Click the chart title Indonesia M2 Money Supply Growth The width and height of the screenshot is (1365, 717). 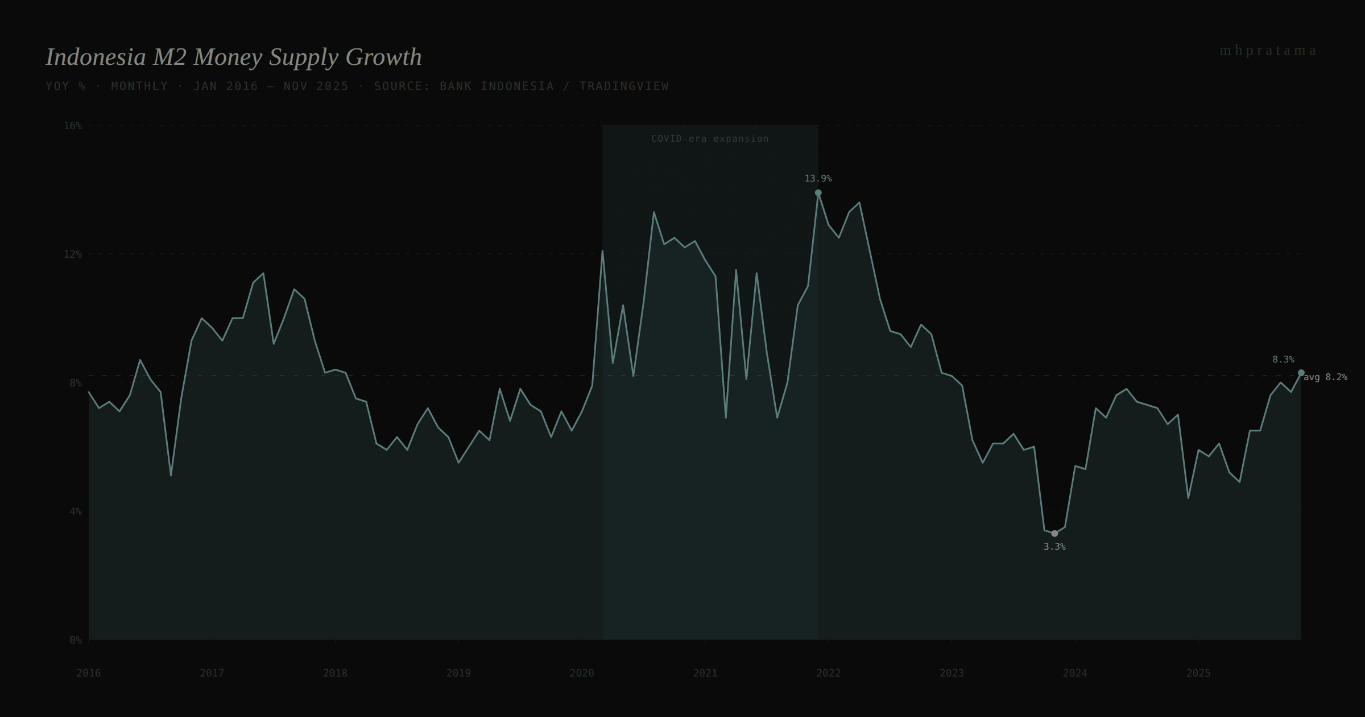point(233,57)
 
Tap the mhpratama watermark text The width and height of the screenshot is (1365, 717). point(1268,51)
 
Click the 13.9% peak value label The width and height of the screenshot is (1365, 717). point(818,179)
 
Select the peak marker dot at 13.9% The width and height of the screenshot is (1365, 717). point(818,193)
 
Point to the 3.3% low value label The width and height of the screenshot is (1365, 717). point(1054,547)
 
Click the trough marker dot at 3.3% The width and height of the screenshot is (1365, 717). point(1054,534)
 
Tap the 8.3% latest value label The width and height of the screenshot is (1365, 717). point(1283,360)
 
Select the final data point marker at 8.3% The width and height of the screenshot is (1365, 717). point(1301,373)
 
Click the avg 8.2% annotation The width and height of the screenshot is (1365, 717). point(1325,377)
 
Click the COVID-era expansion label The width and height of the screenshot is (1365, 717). point(709,139)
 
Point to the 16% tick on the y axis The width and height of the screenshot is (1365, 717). point(72,126)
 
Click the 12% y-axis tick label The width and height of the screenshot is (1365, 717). point(72,254)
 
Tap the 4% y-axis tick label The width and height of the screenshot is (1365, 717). point(75,512)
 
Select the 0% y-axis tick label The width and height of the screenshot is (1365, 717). point(75,640)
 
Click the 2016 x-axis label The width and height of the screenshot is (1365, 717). point(89,673)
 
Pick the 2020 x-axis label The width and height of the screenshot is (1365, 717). point(581,673)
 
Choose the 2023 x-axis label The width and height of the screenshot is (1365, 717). point(952,673)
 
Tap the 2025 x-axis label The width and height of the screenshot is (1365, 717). point(1198,673)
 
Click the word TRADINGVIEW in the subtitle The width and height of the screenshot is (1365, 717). point(624,86)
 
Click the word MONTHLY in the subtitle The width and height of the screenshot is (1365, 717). point(139,86)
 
